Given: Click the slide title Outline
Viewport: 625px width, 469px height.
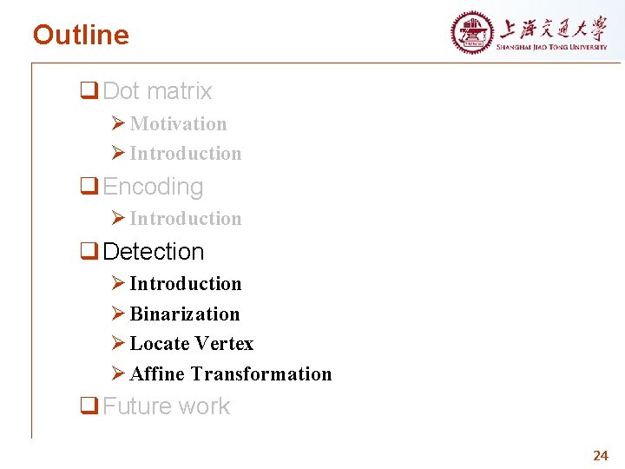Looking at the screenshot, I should click(81, 36).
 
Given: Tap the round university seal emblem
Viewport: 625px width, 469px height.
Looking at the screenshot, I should click(471, 33).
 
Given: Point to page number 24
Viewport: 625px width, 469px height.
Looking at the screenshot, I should click(601, 455).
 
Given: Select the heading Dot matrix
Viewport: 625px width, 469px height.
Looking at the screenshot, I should click(157, 91).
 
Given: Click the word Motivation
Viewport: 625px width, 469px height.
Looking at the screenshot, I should click(178, 124).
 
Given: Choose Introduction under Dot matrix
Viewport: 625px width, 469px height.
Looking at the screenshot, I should click(185, 154).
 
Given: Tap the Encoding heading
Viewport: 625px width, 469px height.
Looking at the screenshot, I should click(153, 187).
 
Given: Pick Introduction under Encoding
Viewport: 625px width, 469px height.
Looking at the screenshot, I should click(185, 219).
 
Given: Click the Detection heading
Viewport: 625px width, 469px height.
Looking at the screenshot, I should click(154, 252).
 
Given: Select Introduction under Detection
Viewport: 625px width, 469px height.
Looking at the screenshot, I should click(185, 284).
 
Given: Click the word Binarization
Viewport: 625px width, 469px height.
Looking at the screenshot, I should click(184, 314).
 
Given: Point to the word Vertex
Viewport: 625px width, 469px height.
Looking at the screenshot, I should click(224, 344).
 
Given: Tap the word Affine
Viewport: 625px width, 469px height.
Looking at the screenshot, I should click(157, 374).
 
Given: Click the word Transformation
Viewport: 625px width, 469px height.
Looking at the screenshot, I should click(261, 374).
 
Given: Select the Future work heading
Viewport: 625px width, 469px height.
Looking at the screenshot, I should click(167, 406).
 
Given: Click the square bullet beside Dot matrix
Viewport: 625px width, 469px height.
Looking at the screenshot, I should click(88, 91).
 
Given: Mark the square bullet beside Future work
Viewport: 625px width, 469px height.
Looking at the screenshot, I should click(88, 406).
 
